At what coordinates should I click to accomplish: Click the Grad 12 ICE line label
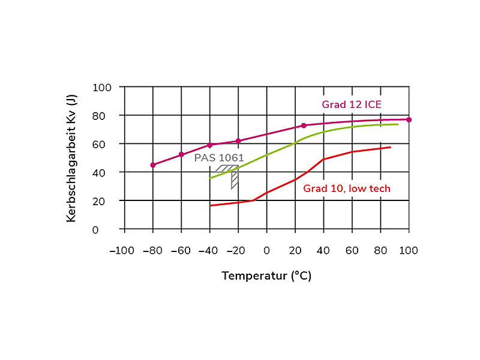pyautogui.click(x=352, y=104)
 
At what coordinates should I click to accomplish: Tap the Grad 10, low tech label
pyautogui.click(x=346, y=188)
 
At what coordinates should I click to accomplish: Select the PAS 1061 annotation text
pyautogui.click(x=220, y=157)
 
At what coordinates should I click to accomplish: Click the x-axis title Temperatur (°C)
pyautogui.click(x=266, y=276)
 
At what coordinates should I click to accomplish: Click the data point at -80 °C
pyautogui.click(x=153, y=165)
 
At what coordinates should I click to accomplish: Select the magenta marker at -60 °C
pyautogui.click(x=181, y=154)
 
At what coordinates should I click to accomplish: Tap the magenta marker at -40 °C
pyautogui.click(x=209, y=145)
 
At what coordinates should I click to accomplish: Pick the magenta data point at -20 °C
pyautogui.click(x=238, y=141)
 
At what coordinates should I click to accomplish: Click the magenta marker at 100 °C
pyautogui.click(x=409, y=119)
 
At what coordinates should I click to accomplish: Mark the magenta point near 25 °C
pyautogui.click(x=304, y=125)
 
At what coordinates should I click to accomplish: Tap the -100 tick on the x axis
pyautogui.click(x=122, y=250)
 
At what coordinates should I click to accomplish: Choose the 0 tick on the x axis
pyautogui.click(x=266, y=250)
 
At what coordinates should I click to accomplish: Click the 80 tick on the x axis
pyautogui.click(x=380, y=250)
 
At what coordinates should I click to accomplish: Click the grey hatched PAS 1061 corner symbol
pyautogui.click(x=230, y=175)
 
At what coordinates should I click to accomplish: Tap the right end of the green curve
pyautogui.click(x=398, y=124)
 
